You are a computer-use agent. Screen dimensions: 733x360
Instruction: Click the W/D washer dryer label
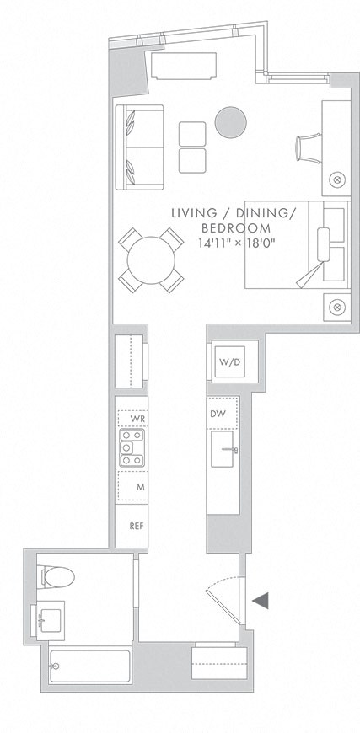(x=229, y=362)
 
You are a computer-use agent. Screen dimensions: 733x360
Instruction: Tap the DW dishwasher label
(x=218, y=414)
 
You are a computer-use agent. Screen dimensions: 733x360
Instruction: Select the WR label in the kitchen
(x=132, y=418)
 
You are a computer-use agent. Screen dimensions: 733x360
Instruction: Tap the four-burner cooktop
(x=131, y=448)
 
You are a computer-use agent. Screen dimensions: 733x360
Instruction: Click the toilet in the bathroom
(x=57, y=577)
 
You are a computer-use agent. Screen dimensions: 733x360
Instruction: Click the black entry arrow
(x=261, y=600)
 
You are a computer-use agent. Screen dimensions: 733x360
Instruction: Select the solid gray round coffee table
(x=230, y=122)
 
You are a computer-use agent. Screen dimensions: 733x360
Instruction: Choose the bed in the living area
(x=295, y=244)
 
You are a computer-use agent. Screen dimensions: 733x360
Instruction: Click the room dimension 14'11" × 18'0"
(x=233, y=243)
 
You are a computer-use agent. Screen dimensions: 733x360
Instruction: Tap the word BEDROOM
(x=235, y=228)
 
